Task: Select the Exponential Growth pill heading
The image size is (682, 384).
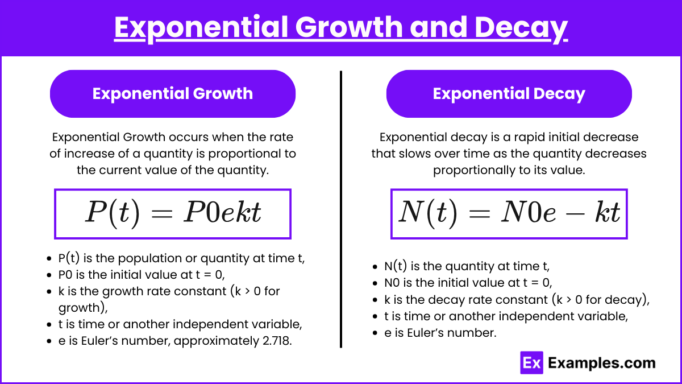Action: (x=173, y=94)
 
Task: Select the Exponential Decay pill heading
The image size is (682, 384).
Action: (x=509, y=94)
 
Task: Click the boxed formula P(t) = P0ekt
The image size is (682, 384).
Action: (x=173, y=214)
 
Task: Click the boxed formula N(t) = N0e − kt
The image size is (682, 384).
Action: (x=509, y=214)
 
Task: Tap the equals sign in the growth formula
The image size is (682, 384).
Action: (x=162, y=213)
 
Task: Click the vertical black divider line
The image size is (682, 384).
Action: (x=341, y=209)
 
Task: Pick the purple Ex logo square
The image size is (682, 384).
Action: (x=531, y=363)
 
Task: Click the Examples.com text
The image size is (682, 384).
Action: (x=602, y=363)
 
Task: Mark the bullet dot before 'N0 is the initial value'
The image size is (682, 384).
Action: (x=375, y=283)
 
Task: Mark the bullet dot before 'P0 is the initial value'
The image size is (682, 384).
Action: (x=49, y=275)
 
